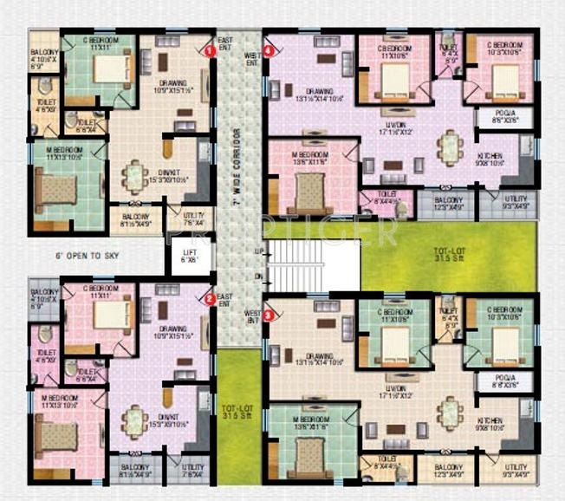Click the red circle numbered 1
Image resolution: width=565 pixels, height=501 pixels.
pyautogui.click(x=210, y=50)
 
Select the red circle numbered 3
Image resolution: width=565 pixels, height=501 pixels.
pyautogui.click(x=269, y=316)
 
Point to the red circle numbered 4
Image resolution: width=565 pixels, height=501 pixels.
pyautogui.click(x=269, y=51)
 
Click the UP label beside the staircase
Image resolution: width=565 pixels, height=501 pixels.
pyautogui.click(x=258, y=250)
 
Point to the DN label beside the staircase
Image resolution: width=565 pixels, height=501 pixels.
pyautogui.click(x=258, y=277)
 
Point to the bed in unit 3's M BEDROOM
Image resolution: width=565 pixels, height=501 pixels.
pyautogui.click(x=309, y=453)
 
